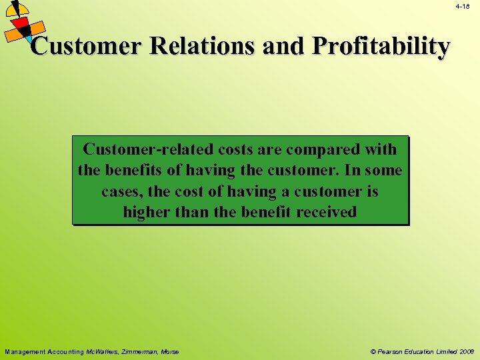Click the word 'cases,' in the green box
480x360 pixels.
point(121,192)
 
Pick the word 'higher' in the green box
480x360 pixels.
point(146,213)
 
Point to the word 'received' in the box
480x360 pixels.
point(327,213)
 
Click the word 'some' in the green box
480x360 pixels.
point(383,171)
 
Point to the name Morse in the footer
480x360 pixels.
point(169,351)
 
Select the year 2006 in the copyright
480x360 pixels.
point(465,351)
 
